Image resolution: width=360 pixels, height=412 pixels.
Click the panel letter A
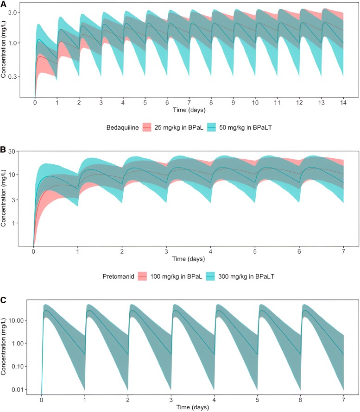point(4,4)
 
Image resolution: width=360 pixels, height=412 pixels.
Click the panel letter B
point(4,150)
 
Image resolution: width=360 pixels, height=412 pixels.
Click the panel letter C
point(4,300)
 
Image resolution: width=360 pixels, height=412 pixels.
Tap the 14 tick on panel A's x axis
point(342,103)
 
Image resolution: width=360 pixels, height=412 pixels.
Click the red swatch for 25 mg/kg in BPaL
point(147,126)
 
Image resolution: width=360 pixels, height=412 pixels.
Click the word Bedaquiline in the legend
point(122,126)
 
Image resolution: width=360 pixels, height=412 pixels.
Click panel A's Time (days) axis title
point(189,110)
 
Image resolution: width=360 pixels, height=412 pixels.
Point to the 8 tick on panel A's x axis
point(211,103)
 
